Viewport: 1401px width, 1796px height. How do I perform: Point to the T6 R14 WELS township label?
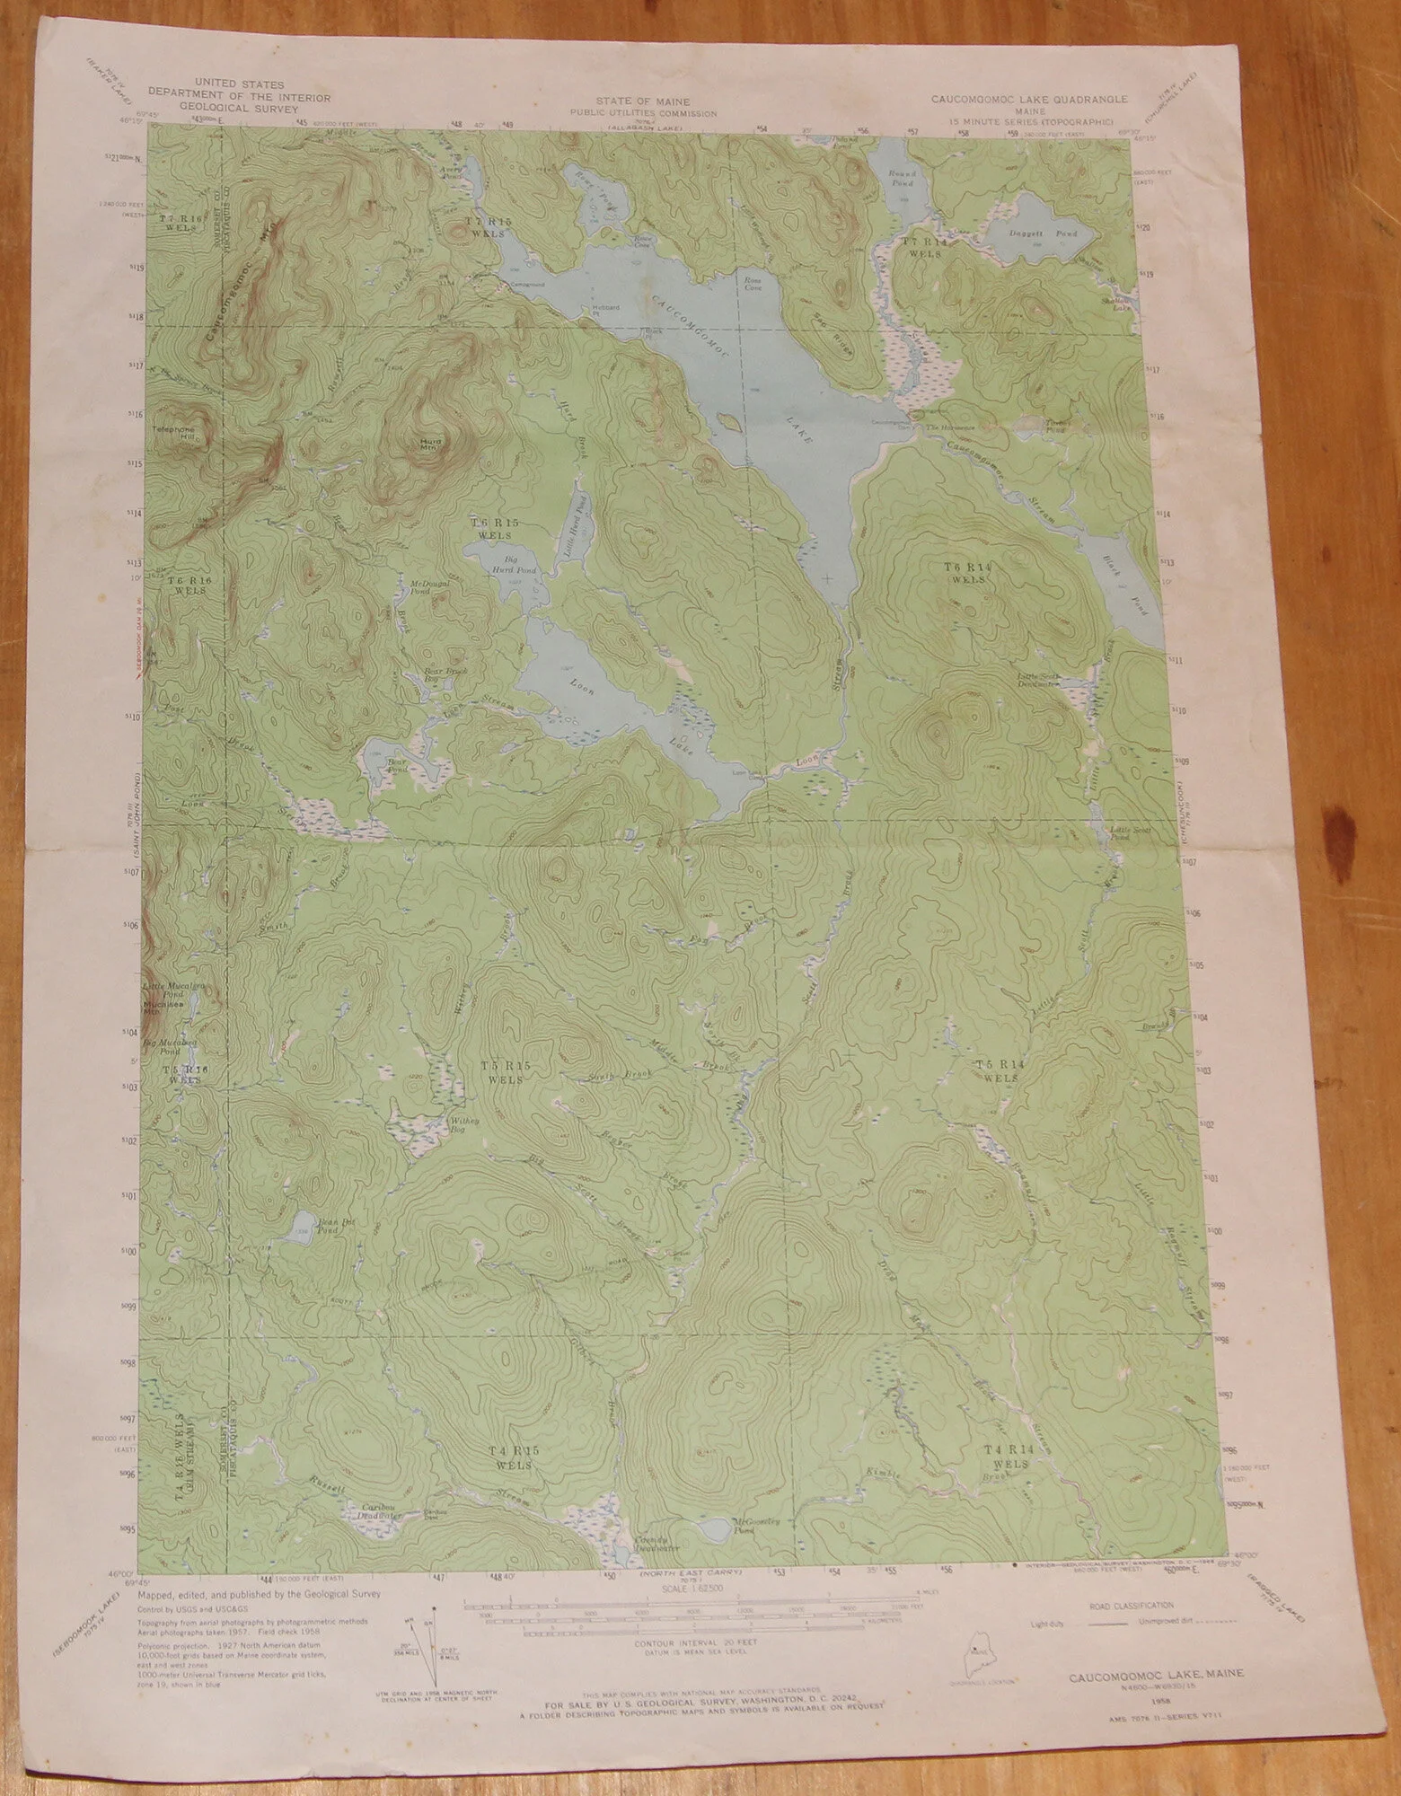[x=965, y=572]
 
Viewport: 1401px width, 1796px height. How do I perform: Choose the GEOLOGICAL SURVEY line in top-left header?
[x=240, y=109]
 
